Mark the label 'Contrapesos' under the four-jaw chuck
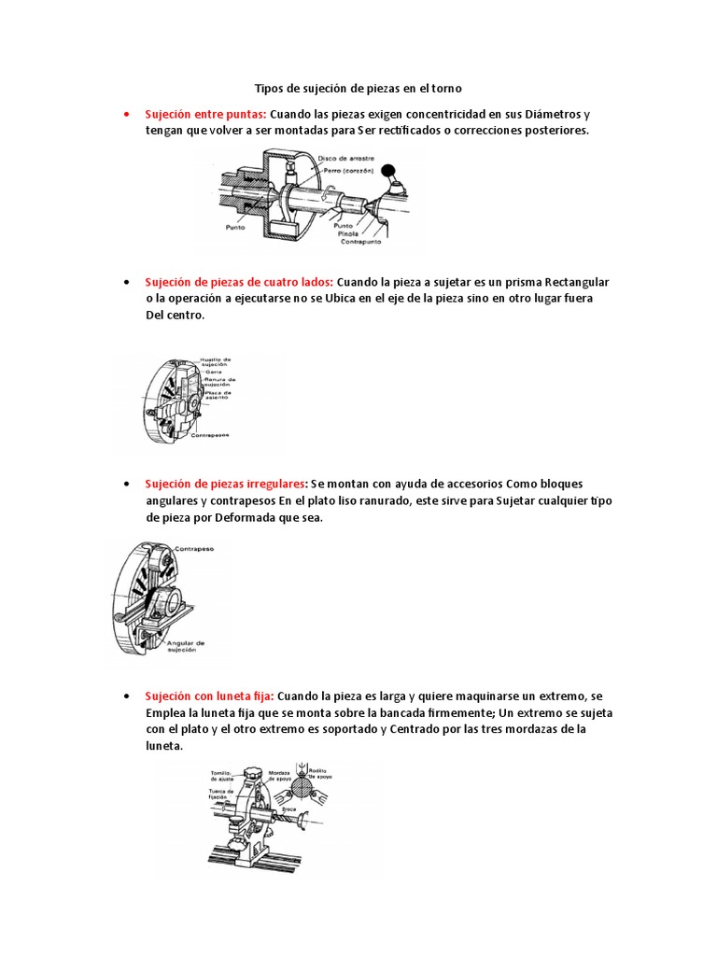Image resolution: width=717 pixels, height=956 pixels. (x=210, y=436)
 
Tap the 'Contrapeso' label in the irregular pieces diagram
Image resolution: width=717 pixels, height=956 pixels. (x=192, y=550)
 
